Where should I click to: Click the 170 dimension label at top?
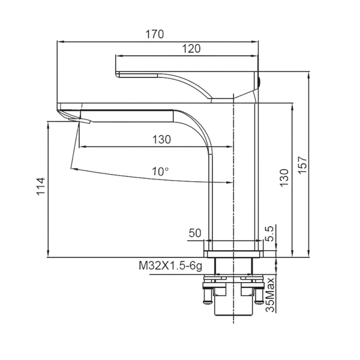(155, 34)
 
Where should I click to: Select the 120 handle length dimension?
(191, 49)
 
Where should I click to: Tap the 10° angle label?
(160, 172)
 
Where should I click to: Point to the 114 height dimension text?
(41, 186)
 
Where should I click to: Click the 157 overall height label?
(302, 165)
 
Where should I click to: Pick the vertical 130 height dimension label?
(284, 178)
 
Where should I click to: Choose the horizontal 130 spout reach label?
(161, 139)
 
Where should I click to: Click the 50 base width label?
(194, 233)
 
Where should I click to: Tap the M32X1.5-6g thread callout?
(170, 266)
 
